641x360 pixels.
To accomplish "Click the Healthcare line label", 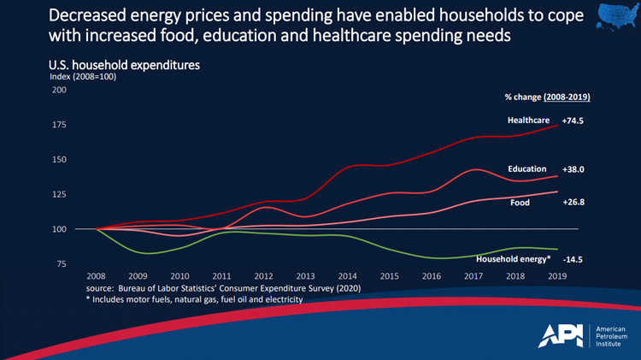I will tap(527, 121).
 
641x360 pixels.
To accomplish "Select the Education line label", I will tap(526, 169).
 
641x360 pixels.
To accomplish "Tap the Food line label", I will tap(520, 203).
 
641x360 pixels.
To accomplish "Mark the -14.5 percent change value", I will tap(574, 258).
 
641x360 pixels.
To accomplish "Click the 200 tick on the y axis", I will tap(61, 90).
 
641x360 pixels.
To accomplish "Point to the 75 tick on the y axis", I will tap(63, 264).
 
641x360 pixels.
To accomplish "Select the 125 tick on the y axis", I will tap(61, 194).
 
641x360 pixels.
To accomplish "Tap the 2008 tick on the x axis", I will tap(96, 277).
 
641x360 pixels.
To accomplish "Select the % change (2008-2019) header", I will tap(547, 97).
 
